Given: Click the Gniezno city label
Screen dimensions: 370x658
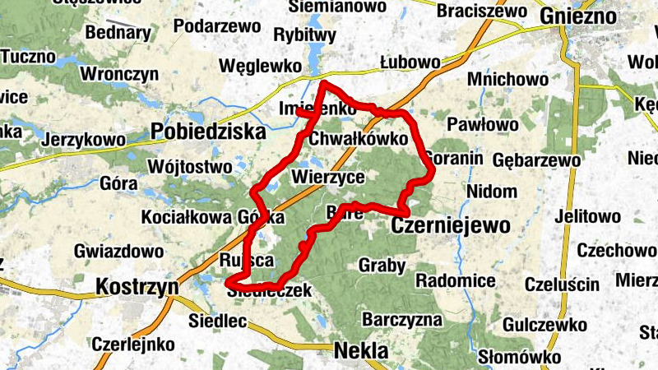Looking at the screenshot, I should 578,16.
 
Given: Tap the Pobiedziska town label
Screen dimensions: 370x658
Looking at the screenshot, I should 209,132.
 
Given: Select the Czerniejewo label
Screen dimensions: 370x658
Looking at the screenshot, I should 451,224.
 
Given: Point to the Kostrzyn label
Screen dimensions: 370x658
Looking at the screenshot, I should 137,287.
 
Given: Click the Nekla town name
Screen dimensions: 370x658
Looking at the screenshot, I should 361,351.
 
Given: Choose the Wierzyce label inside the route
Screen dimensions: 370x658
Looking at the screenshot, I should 327,177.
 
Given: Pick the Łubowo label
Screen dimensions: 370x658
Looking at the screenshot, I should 410,62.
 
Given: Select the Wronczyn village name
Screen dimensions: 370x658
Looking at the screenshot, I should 119,74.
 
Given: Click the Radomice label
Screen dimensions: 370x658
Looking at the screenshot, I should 455,280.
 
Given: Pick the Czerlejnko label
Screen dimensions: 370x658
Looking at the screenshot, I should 133,343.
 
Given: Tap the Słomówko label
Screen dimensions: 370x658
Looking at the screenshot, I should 519,357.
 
